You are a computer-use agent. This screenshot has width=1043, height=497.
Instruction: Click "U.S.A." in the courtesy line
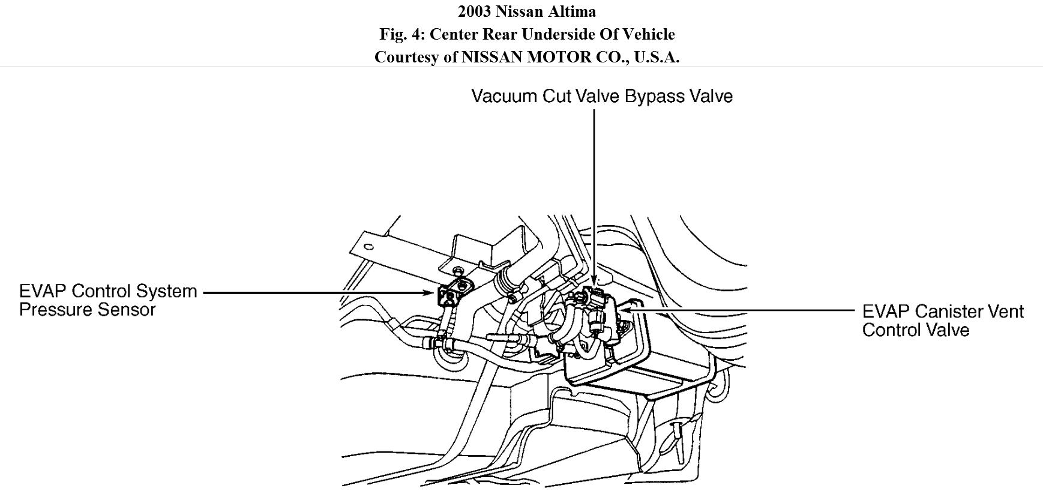coord(656,57)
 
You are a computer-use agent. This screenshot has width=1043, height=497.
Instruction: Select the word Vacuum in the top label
coord(505,96)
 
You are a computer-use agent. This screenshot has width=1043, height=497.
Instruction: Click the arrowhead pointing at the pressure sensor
coord(428,293)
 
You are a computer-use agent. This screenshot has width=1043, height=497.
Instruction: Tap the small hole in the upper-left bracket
coord(369,247)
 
